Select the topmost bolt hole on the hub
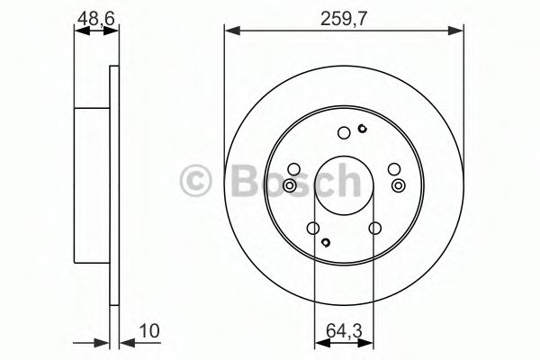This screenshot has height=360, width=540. click(344, 134)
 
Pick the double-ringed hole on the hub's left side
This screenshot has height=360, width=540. click(290, 185)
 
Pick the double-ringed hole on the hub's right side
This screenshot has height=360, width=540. click(400, 185)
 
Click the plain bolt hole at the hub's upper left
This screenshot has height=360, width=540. click(295, 168)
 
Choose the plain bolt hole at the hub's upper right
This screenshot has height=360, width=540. click(394, 168)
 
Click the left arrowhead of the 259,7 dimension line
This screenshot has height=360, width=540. click(230, 31)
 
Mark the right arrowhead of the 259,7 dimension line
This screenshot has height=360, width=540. click(461, 31)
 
